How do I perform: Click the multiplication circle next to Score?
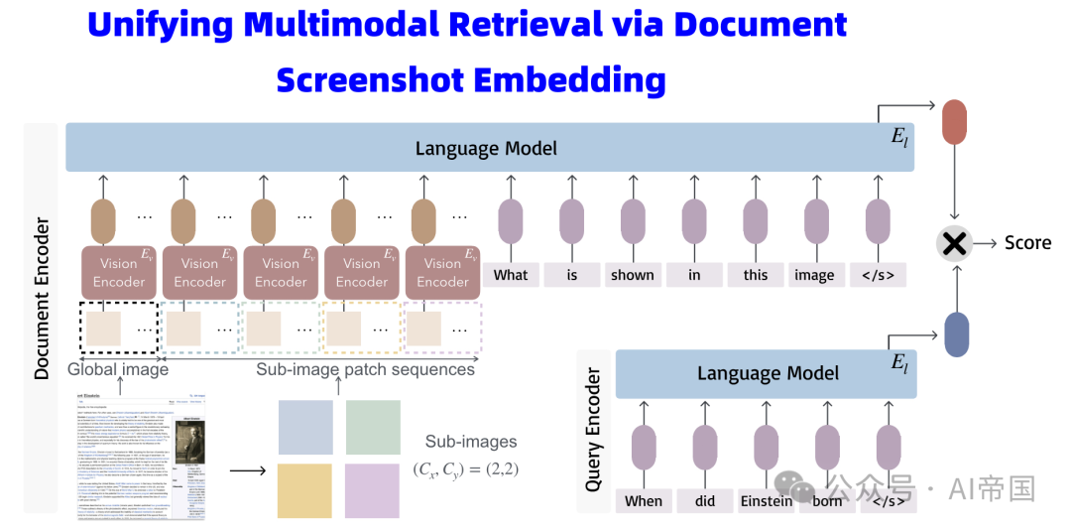954,243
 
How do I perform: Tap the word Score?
1027,243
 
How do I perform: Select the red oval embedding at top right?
954,121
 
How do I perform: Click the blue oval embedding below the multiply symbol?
956,334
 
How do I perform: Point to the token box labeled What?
511,275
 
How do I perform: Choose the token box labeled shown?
633,275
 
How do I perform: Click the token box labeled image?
814,275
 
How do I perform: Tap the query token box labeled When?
643,501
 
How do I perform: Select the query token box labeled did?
705,501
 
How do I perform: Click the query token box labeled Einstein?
766,501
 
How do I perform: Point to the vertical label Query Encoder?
594,430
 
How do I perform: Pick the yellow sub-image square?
304,490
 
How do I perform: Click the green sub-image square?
372,427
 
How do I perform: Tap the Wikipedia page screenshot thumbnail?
141,456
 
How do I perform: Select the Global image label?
118,369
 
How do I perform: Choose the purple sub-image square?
372,490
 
